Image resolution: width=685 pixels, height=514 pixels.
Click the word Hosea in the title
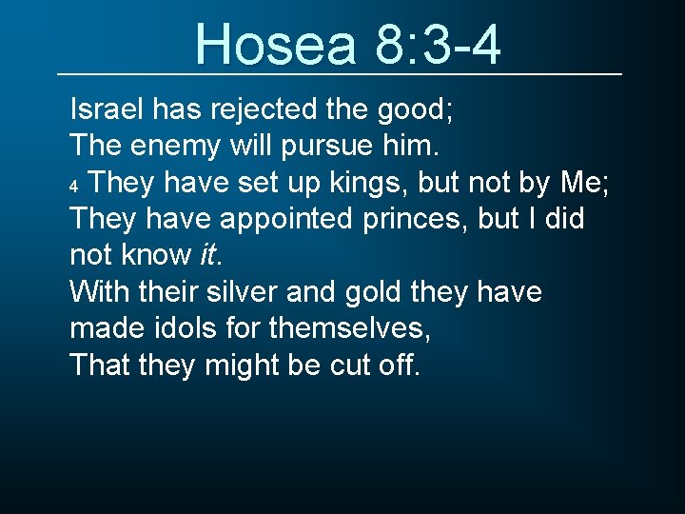[x=272, y=44]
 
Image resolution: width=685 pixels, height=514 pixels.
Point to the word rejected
[x=268, y=109]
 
